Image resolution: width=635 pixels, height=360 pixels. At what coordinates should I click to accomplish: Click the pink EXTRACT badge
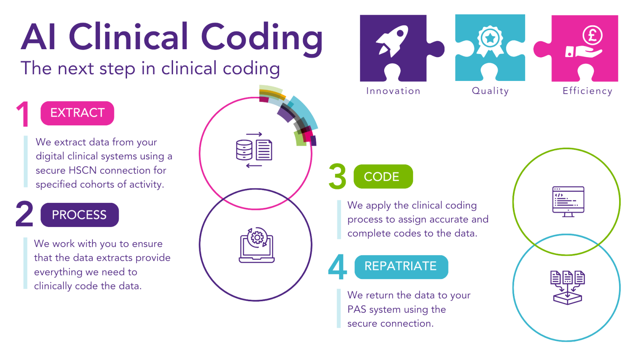click(77, 113)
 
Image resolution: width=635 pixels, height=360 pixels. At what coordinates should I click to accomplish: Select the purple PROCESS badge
click(80, 215)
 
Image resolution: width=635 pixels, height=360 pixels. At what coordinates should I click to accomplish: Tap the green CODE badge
click(383, 176)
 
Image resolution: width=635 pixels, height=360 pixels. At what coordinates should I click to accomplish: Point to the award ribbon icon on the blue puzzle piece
click(490, 41)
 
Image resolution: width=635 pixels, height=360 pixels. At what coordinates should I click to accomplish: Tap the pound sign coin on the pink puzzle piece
click(593, 35)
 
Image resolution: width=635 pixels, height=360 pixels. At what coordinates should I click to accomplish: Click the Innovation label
click(393, 91)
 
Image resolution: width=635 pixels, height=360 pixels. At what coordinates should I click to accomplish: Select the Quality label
click(491, 91)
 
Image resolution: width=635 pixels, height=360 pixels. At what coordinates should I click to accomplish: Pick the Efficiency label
click(587, 91)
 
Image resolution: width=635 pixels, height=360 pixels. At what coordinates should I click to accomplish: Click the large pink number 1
click(23, 114)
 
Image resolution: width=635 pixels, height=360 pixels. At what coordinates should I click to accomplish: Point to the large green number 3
click(337, 176)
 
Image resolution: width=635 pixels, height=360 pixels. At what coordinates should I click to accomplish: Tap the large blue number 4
click(338, 267)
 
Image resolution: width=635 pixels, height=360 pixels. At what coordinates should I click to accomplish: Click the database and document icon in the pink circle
click(254, 150)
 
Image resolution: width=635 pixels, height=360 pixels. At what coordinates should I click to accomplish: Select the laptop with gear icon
click(257, 245)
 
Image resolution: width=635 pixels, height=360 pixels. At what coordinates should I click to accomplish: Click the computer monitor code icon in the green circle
click(568, 202)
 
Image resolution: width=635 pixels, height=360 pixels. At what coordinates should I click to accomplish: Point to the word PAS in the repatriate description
click(357, 309)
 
